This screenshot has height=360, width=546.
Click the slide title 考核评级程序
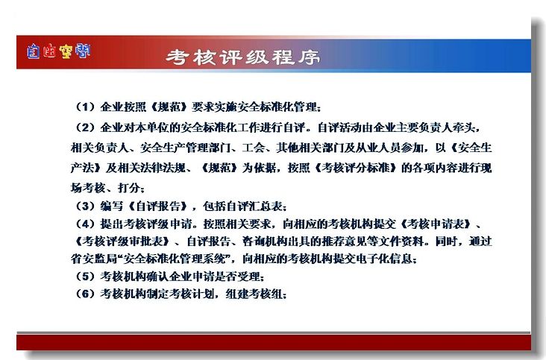[242, 57]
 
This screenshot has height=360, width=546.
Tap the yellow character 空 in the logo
[66, 52]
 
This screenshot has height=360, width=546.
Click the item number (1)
[85, 107]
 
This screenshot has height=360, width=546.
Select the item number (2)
[85, 127]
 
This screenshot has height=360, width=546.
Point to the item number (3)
[85, 206]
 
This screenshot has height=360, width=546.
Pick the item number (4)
[85, 224]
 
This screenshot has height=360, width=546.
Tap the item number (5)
[85, 277]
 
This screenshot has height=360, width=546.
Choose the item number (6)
[85, 294]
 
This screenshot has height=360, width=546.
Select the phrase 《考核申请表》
[436, 224]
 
